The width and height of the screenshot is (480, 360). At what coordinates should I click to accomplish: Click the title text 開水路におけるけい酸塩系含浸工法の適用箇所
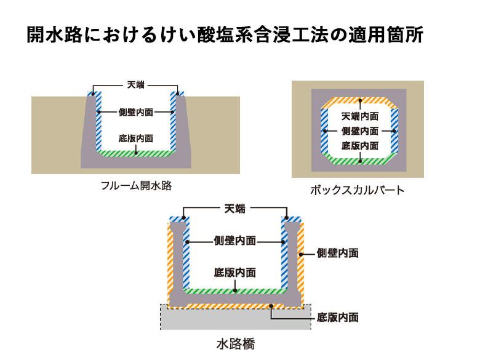[225, 35]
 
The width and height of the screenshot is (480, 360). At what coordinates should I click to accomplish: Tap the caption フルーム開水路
[136, 185]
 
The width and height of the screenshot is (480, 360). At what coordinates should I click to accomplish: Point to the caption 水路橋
[236, 343]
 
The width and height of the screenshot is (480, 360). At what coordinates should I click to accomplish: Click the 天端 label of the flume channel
[135, 85]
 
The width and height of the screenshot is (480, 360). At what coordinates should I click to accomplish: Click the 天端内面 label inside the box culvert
[360, 117]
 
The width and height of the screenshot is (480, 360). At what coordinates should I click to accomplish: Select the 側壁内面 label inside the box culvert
[360, 131]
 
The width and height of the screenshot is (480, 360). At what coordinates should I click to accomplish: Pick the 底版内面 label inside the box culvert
[360, 146]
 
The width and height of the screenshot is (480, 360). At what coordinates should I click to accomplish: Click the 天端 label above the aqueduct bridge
[235, 209]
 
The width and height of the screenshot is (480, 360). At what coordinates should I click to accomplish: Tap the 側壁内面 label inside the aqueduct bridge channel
[235, 241]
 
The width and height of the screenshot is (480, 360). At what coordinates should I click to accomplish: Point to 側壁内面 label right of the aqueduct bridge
[337, 253]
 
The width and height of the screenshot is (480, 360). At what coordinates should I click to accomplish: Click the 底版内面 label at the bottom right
[337, 318]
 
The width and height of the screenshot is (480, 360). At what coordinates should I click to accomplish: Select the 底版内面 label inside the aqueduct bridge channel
[235, 272]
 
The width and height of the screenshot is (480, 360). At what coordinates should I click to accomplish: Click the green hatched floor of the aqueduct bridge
[235, 290]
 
